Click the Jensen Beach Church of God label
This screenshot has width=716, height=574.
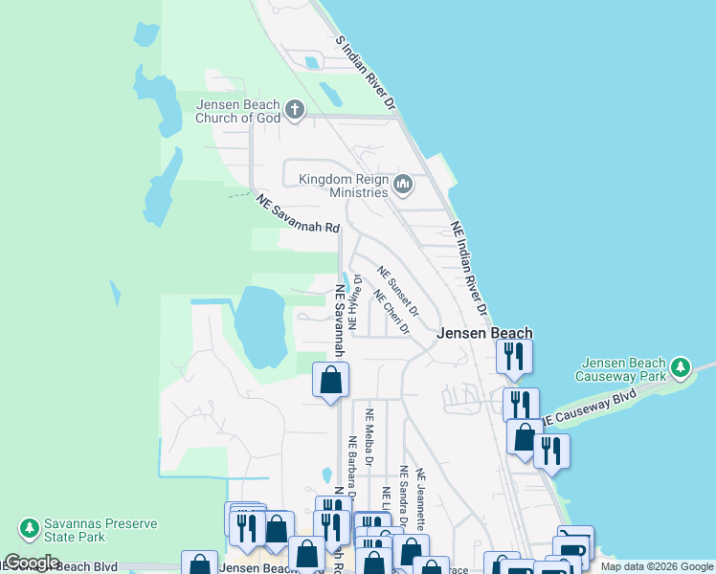tap(237, 111)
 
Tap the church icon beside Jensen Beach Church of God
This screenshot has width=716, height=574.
tap(294, 110)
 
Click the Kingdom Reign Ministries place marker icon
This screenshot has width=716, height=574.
tap(403, 184)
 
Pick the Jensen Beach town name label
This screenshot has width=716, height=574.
tap(484, 334)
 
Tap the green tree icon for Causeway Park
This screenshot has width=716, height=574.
tap(680, 367)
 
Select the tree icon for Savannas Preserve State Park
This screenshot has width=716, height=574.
tap(29, 527)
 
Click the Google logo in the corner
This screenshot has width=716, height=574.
tap(32, 563)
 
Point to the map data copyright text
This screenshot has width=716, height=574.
tap(656, 566)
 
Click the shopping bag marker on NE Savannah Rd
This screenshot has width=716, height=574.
tap(330, 380)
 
